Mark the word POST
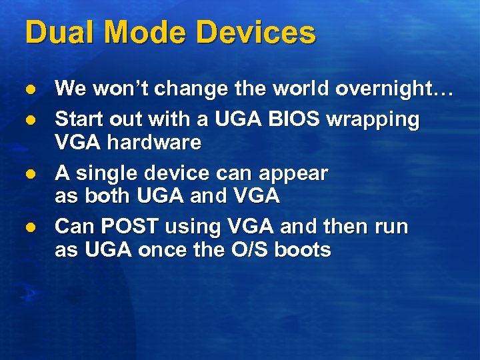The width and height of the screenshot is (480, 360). click(128, 227)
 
